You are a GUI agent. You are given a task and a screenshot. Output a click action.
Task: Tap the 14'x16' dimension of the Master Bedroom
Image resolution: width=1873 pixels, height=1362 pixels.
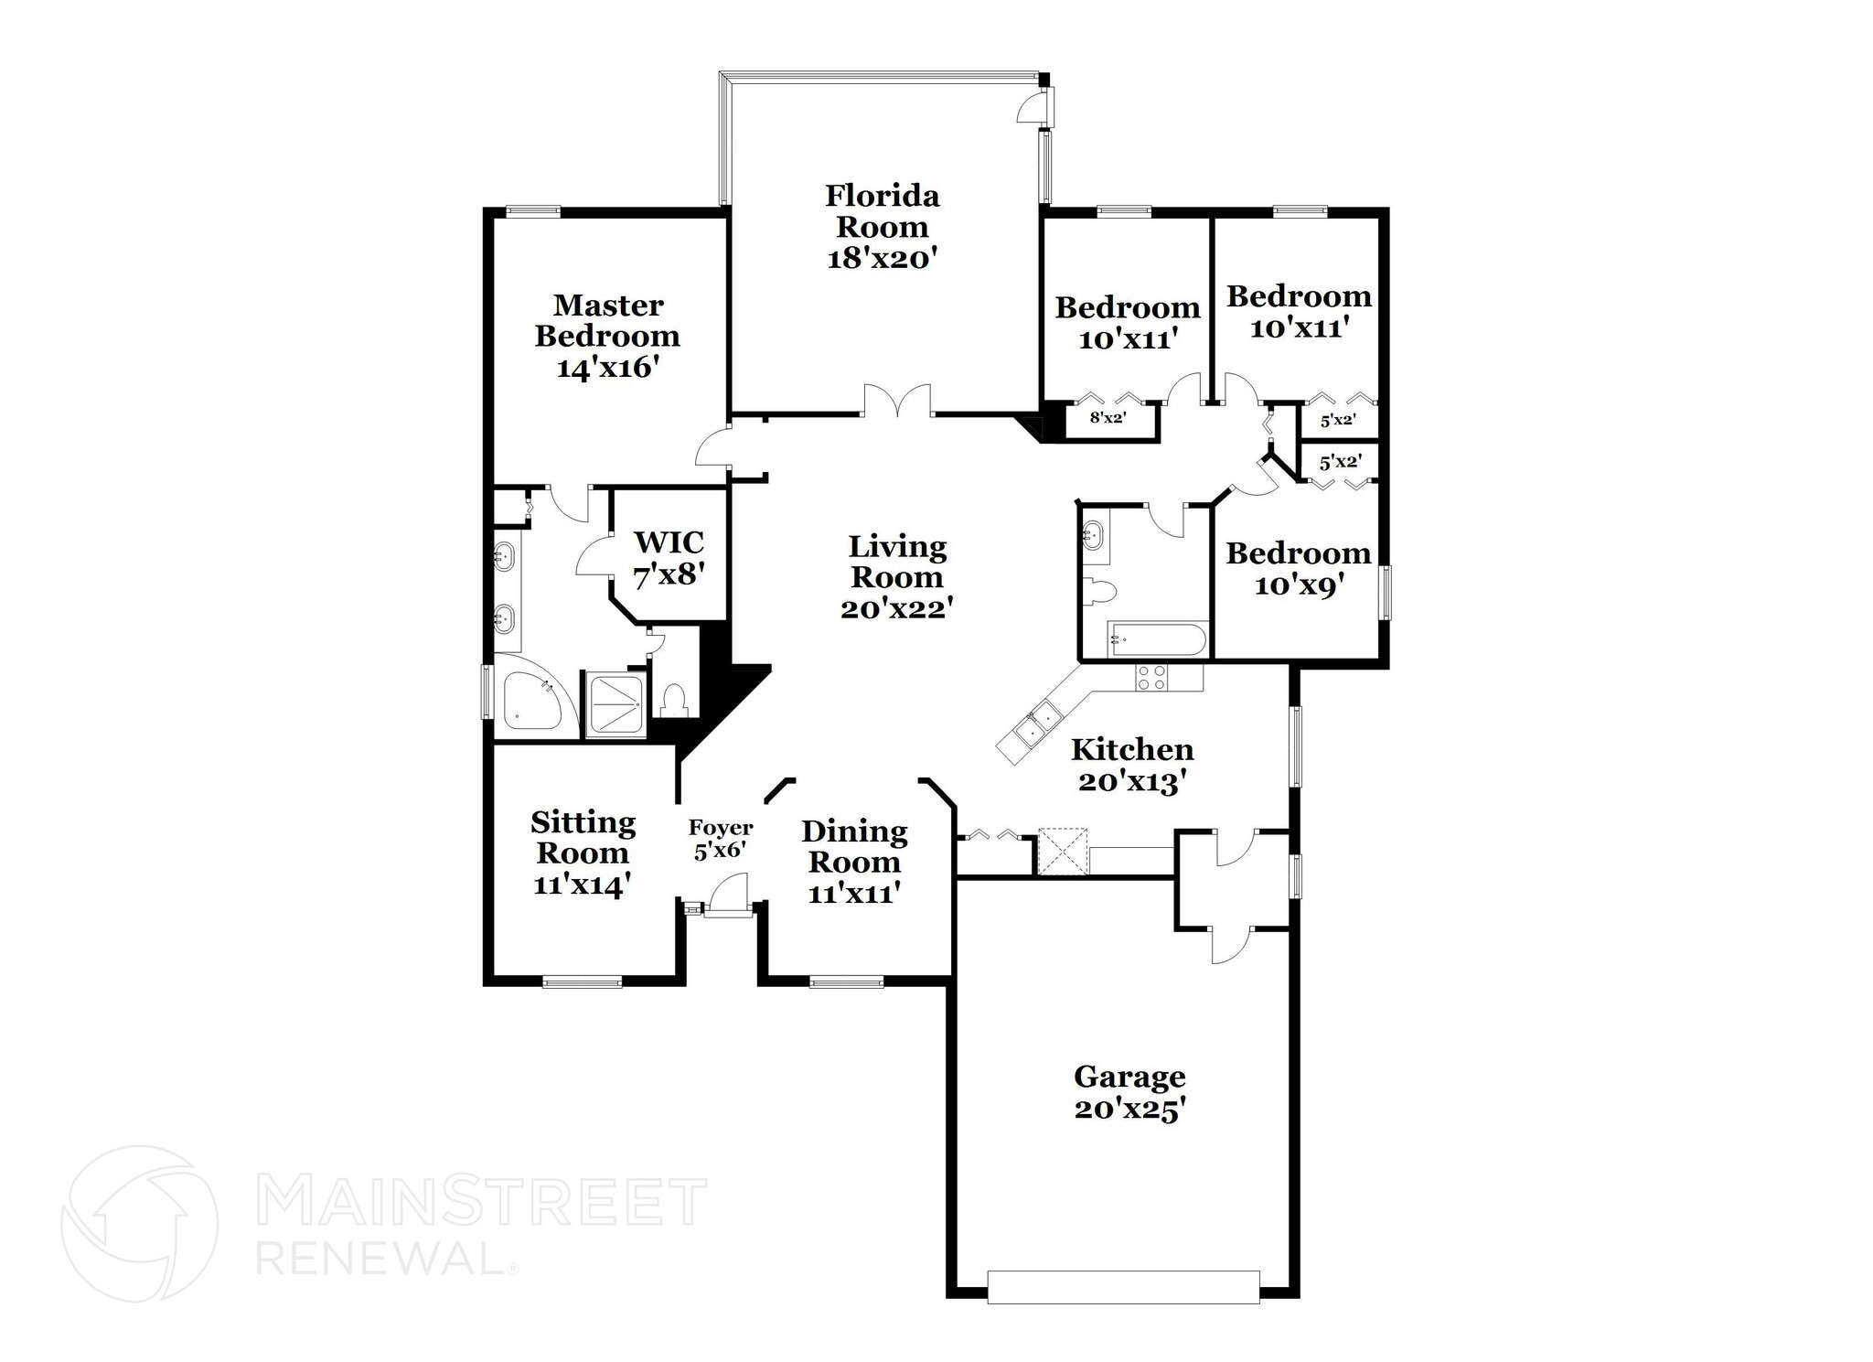click(x=607, y=368)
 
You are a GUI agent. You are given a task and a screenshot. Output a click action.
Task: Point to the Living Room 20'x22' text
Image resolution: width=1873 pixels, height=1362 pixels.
click(x=897, y=576)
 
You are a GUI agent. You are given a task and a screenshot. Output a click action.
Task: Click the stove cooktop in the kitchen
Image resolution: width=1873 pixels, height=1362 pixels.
click(x=1151, y=678)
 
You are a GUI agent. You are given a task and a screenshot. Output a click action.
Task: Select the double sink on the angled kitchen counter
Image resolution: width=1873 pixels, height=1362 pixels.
click(x=1038, y=724)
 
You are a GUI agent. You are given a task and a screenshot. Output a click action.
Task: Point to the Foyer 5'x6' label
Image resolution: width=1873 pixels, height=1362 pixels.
click(x=721, y=839)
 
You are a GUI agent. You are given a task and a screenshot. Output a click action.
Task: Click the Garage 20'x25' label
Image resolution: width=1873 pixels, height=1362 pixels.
click(x=1129, y=1092)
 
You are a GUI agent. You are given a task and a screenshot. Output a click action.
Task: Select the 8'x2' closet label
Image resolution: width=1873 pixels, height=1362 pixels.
click(x=1108, y=419)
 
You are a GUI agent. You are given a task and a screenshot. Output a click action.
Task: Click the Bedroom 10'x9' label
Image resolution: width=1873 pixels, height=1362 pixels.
click(x=1298, y=568)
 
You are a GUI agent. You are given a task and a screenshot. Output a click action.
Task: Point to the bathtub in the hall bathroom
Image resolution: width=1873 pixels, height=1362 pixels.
click(x=1158, y=638)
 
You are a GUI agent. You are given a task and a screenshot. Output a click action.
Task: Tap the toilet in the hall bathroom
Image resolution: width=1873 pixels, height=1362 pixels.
click(x=1100, y=592)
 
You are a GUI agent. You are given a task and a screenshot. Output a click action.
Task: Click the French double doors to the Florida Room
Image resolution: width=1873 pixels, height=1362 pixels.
click(x=897, y=403)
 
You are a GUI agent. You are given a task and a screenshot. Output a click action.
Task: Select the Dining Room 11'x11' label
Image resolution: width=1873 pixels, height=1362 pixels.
click(x=854, y=861)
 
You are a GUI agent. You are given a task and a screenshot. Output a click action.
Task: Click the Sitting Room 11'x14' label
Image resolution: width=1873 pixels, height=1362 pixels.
click(x=583, y=853)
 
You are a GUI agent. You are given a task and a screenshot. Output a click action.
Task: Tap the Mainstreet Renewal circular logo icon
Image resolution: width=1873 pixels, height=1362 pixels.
click(x=139, y=1224)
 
